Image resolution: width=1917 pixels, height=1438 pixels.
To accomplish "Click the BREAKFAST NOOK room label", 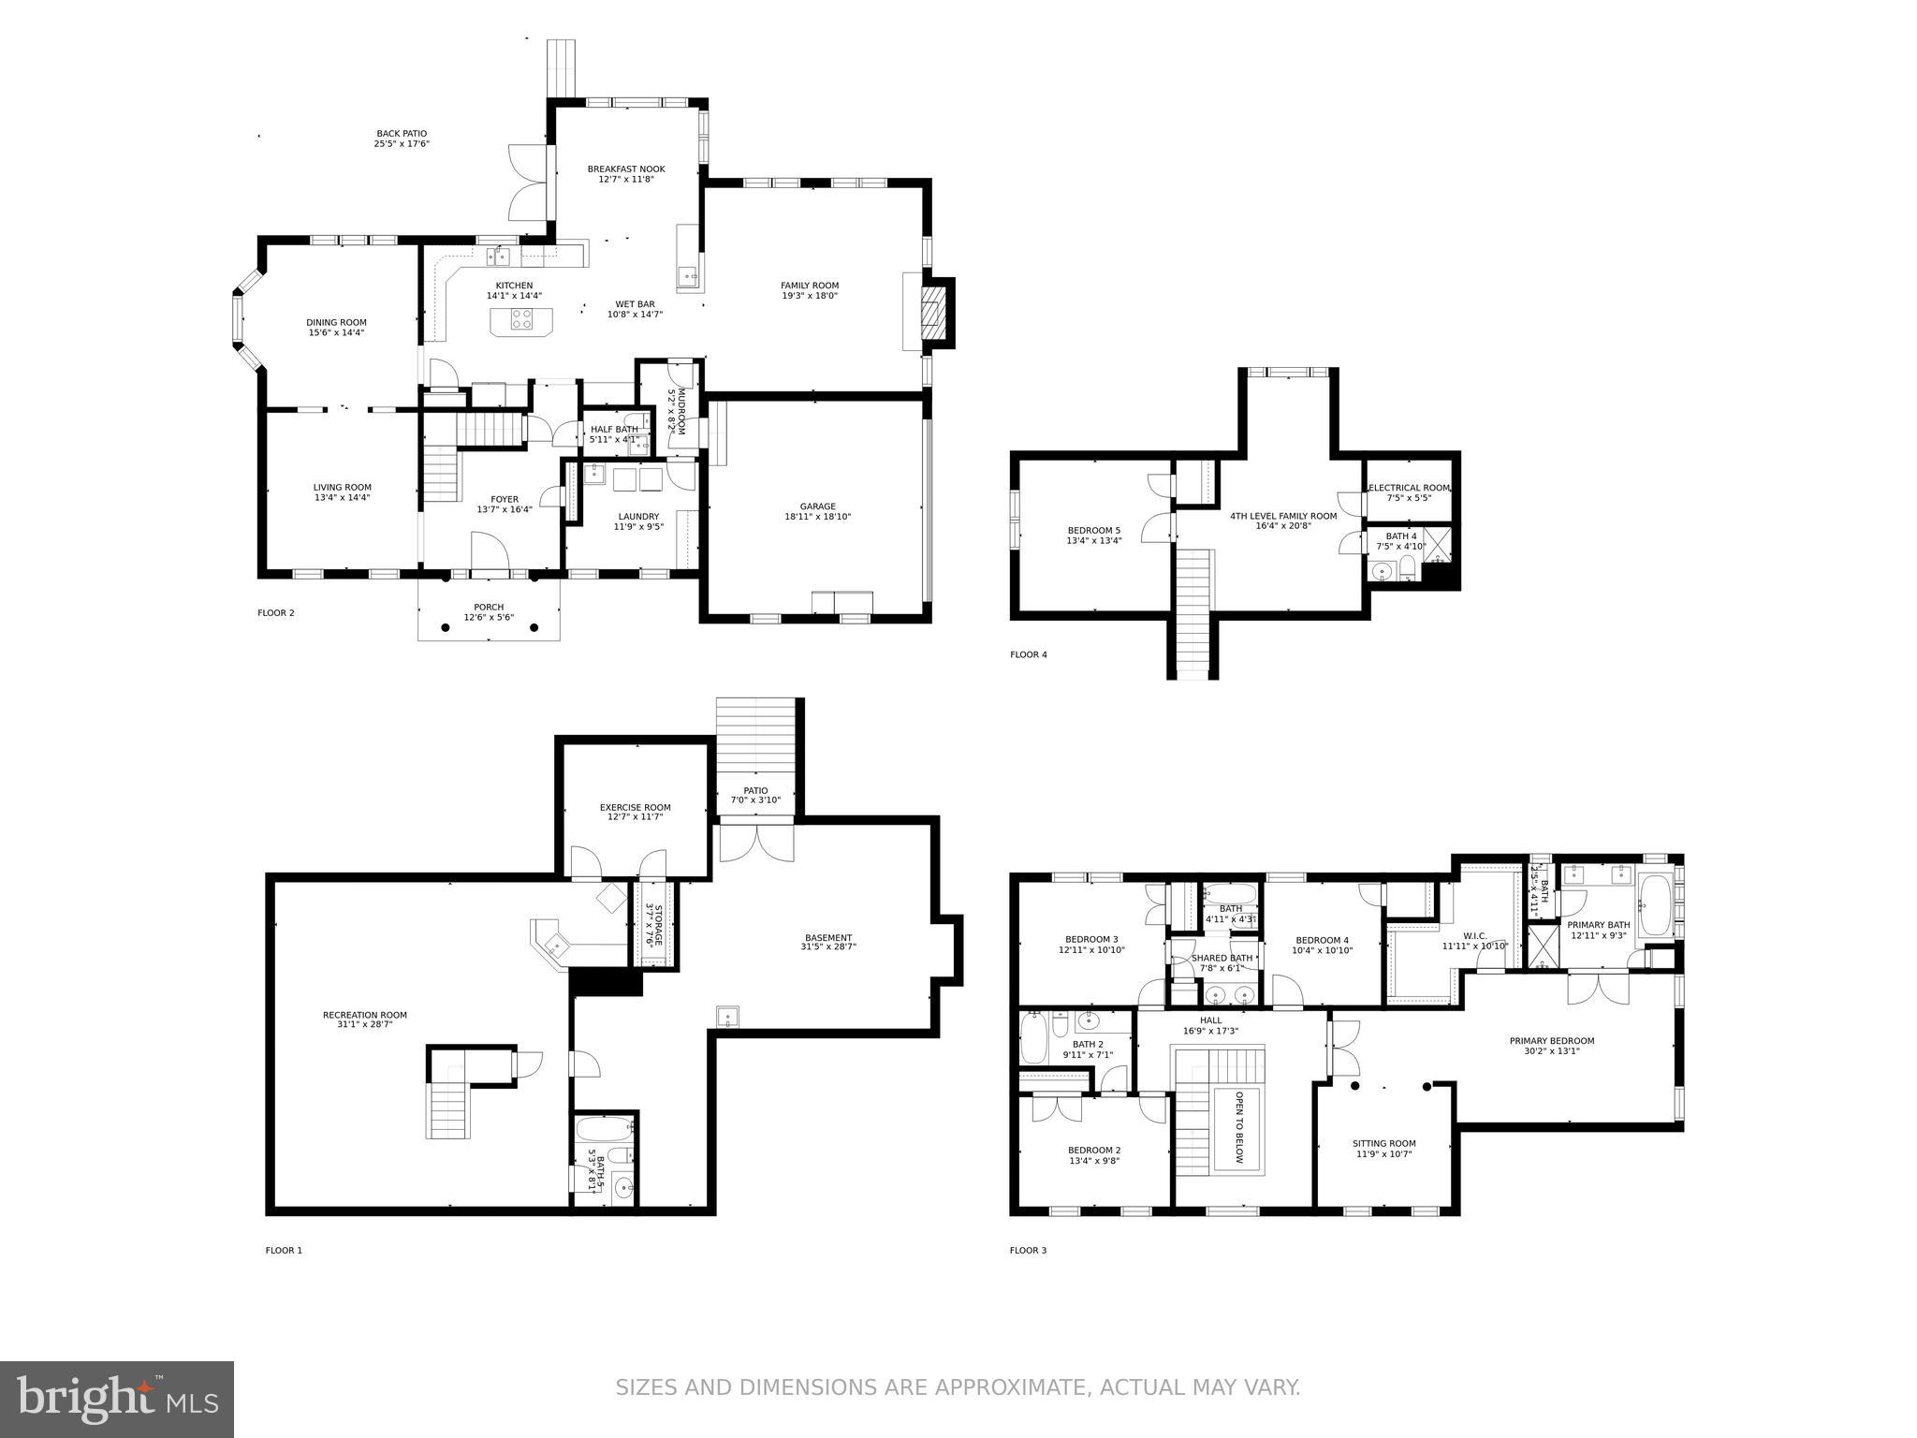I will [626, 169].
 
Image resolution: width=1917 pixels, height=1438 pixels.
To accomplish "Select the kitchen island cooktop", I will [521, 321].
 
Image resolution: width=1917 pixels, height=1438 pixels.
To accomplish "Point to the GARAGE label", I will [817, 506].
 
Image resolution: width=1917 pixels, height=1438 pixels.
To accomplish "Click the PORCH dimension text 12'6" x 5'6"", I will [489, 617].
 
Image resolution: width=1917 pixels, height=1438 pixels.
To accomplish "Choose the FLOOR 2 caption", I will [276, 613].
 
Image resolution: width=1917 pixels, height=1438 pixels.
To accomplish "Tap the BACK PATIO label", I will [402, 134].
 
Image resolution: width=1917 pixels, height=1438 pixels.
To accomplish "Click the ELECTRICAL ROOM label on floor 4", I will [1409, 488].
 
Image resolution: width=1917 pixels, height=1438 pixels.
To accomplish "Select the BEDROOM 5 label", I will [1093, 531].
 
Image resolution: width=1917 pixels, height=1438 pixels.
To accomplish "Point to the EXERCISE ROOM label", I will [635, 807].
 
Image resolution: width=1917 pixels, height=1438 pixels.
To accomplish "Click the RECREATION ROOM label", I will [364, 1015].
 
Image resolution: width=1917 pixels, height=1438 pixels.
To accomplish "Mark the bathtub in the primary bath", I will [1655, 905].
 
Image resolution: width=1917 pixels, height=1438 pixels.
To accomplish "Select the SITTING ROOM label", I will [1383, 1143].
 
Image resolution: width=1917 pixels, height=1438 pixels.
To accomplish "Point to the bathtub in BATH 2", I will [1033, 1041].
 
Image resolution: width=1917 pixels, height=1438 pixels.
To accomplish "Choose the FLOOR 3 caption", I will [1028, 1250].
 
